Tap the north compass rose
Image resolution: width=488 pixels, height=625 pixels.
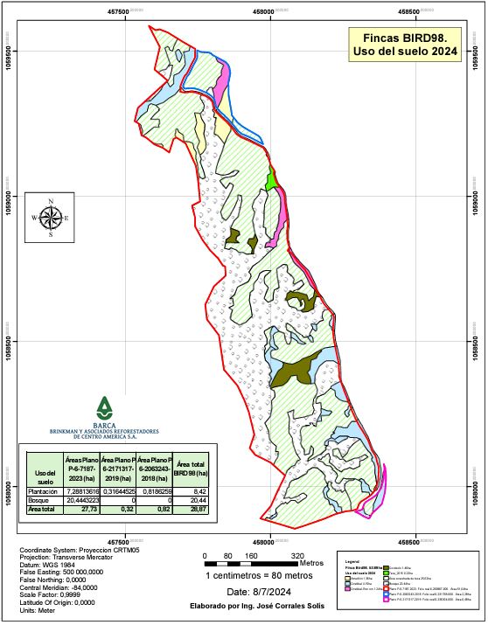[x=51, y=218]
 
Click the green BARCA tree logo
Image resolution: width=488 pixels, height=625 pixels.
[x=105, y=406]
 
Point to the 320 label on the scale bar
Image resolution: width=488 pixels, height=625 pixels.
[x=296, y=556]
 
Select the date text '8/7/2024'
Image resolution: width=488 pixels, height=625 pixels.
[x=267, y=592]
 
